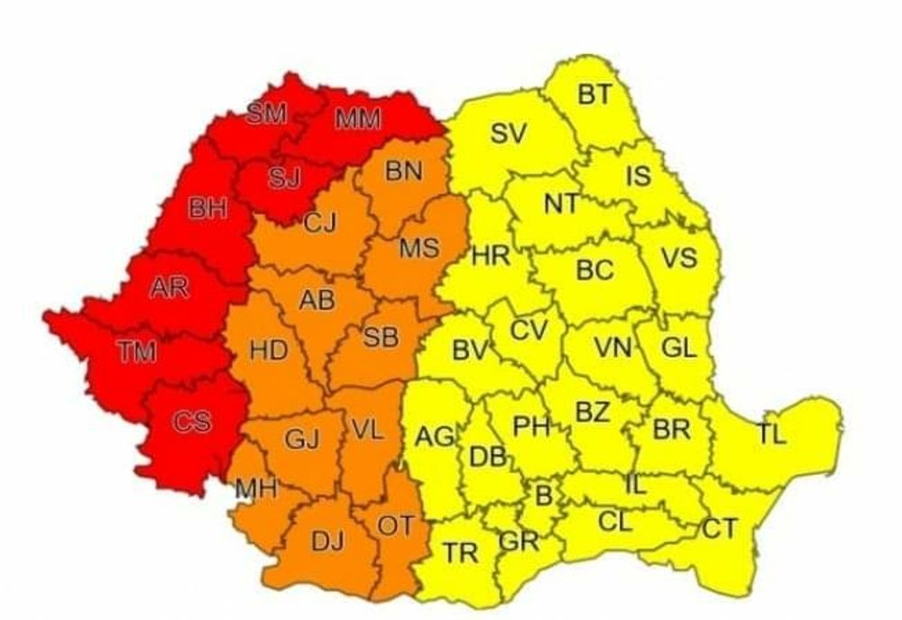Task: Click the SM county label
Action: (x=266, y=114)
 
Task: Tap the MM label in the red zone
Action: (x=359, y=118)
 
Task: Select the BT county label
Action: (x=594, y=94)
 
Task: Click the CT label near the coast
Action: (x=719, y=529)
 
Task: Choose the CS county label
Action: (x=191, y=421)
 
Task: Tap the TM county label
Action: (x=135, y=351)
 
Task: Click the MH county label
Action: (x=255, y=489)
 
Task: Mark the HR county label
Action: (x=491, y=257)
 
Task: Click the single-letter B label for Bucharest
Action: (x=544, y=495)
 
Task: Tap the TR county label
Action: (x=460, y=552)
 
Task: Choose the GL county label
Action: (x=678, y=348)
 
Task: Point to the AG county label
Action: (x=435, y=437)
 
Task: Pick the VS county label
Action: (x=678, y=259)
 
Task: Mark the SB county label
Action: (x=381, y=337)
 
